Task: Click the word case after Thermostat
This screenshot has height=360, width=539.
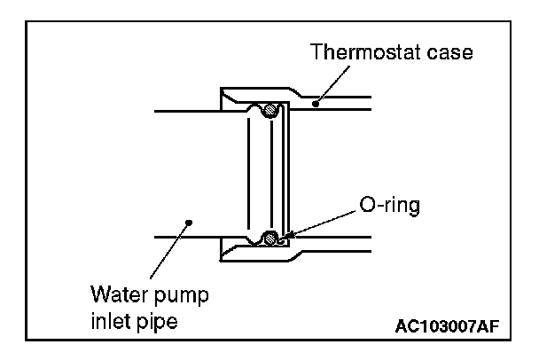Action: (447, 51)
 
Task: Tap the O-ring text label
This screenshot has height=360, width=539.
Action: (387, 206)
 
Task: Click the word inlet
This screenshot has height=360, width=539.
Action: (109, 319)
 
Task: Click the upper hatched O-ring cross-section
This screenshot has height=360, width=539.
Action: (271, 112)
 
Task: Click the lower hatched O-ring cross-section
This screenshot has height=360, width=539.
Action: (270, 238)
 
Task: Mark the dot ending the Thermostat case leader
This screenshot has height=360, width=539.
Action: (315, 105)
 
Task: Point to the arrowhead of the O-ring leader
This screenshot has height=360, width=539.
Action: (283, 238)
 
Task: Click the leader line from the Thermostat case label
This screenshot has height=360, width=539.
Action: (332, 85)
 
